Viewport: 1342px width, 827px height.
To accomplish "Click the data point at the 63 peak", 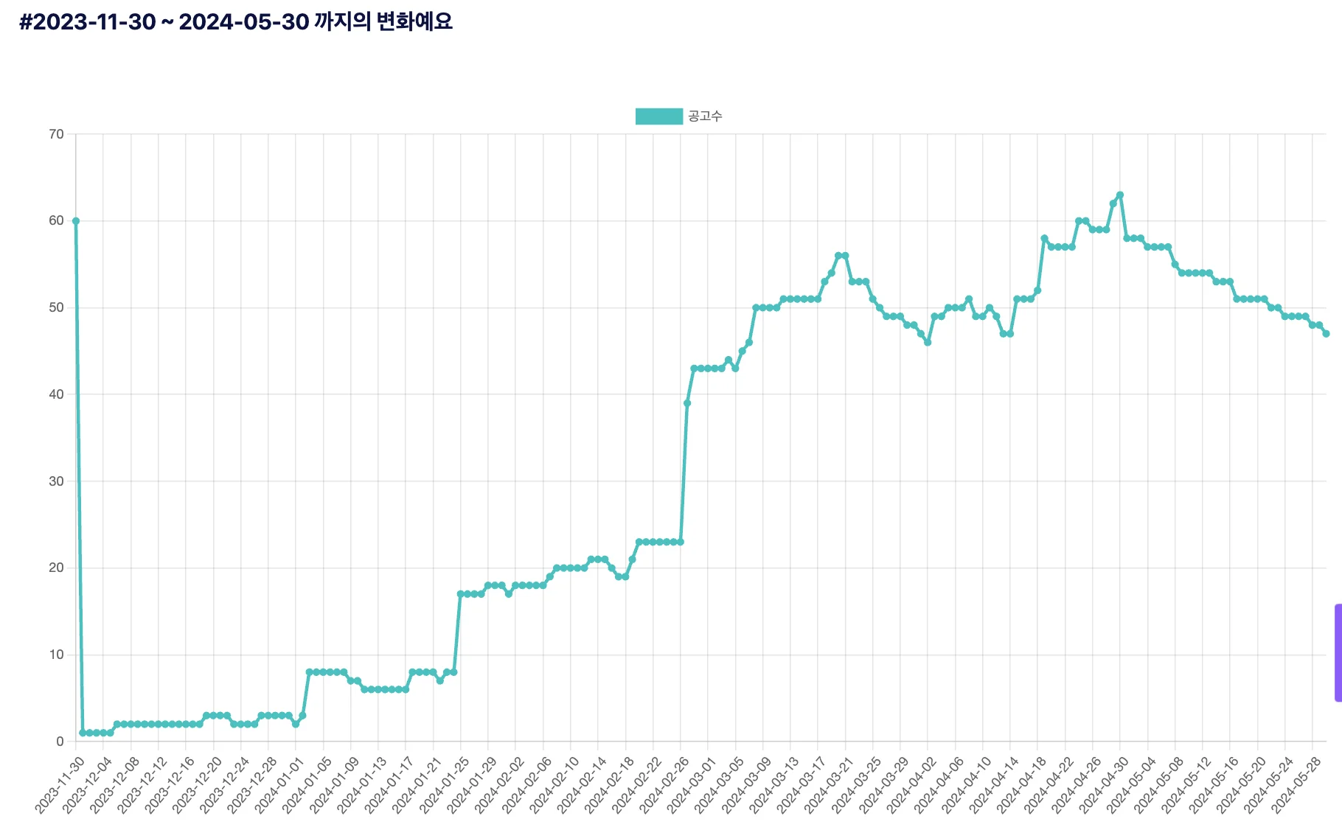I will [1120, 195].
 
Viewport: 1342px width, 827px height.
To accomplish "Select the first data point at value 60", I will [76, 221].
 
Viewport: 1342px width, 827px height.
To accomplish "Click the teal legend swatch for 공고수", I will [658, 116].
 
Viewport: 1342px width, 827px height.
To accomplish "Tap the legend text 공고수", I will [705, 116].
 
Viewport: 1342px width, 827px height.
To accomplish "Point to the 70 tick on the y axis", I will [57, 134].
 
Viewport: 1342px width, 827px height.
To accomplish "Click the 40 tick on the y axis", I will [57, 394].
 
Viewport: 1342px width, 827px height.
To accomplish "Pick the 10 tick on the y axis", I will [57, 655].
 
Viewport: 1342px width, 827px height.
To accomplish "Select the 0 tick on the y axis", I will [60, 741].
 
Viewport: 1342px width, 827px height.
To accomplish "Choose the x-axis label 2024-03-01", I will [689, 785].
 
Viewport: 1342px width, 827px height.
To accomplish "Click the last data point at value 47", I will [1326, 334].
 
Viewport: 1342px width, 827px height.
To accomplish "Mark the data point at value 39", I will [687, 403].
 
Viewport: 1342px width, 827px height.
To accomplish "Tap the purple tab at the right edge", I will [1338, 653].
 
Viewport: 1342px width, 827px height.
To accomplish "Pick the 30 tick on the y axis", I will [57, 481].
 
